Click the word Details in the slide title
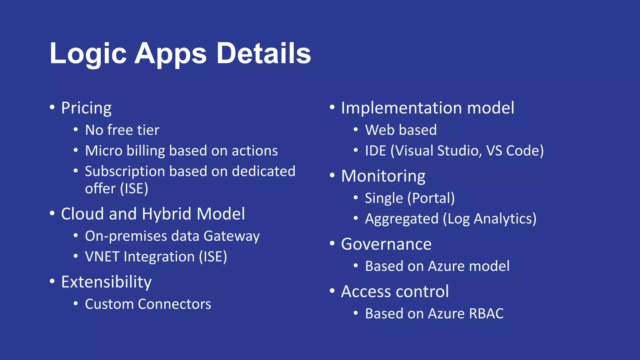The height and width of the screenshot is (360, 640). [x=263, y=53]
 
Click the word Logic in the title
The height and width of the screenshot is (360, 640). [x=88, y=53]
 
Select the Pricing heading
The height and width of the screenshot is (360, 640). [x=86, y=108]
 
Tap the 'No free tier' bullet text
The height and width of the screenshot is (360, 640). [x=122, y=130]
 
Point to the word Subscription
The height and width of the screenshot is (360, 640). [x=125, y=171]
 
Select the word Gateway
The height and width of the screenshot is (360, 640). [x=231, y=236]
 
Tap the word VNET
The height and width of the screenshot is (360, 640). [x=102, y=257]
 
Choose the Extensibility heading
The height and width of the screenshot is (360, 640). [x=106, y=282]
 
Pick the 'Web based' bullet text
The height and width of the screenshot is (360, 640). [x=401, y=130]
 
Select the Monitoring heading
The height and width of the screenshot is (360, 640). [x=383, y=176]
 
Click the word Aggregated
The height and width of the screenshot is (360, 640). [x=402, y=219]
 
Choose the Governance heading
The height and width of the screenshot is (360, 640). [x=386, y=244]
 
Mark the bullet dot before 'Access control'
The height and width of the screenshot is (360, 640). [x=332, y=291]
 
